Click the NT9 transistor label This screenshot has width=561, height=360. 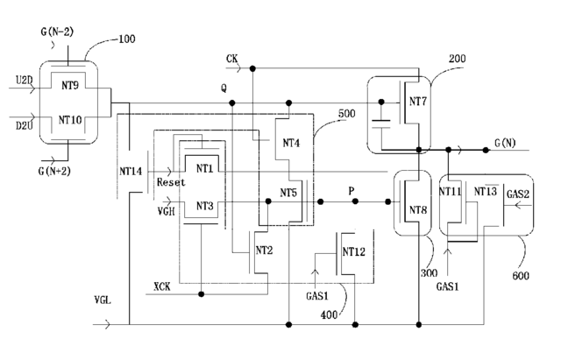coord(70,86)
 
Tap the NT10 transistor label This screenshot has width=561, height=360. coord(70,120)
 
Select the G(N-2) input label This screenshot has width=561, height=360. coord(57,32)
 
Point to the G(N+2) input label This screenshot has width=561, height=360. coord(54,172)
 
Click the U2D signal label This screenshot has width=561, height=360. coord(24,80)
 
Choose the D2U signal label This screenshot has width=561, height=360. coord(25,126)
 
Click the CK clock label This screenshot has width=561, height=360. coord(231,59)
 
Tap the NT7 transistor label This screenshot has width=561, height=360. coord(418,102)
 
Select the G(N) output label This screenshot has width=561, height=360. coord(505,143)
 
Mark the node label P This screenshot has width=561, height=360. coord(352,191)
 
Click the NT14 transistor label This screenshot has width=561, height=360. coord(131,172)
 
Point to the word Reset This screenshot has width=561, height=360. coord(171,182)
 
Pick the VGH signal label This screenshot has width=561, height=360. coord(166,211)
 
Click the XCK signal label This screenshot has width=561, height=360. coord(162,286)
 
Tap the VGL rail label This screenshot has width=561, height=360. coord(103,300)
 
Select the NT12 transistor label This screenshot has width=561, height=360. coord(354,252)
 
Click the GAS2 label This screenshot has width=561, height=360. coord(518,194)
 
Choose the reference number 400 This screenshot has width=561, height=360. coord(329,315)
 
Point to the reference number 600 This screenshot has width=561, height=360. coord(521,276)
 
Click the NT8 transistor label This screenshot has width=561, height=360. coord(418,210)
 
